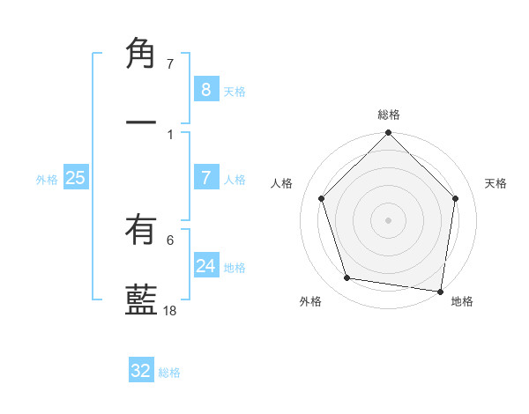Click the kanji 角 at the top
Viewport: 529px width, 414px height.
click(141, 54)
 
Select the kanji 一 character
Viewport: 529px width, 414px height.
click(141, 122)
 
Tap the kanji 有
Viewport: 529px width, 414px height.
click(141, 231)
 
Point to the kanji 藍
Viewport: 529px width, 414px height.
click(141, 299)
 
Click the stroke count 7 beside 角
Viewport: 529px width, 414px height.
click(170, 64)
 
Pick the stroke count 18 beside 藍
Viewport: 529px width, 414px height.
click(171, 310)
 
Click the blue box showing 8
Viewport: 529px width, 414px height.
click(206, 89)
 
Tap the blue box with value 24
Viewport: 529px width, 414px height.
click(206, 265)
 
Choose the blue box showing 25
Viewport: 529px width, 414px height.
click(75, 177)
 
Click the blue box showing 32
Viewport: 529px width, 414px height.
click(141, 371)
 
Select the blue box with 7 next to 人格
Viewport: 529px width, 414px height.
click(206, 177)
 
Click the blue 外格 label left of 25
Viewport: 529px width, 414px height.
click(47, 179)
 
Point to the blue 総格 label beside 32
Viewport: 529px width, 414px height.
click(169, 373)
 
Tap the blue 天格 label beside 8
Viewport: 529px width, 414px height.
click(235, 91)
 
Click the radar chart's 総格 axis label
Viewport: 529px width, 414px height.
click(389, 115)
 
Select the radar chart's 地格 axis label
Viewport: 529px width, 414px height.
click(462, 301)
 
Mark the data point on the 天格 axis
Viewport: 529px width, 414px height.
click(456, 198)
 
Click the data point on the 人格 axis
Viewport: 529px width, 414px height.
click(322, 198)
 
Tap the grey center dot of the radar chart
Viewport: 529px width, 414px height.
click(389, 219)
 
